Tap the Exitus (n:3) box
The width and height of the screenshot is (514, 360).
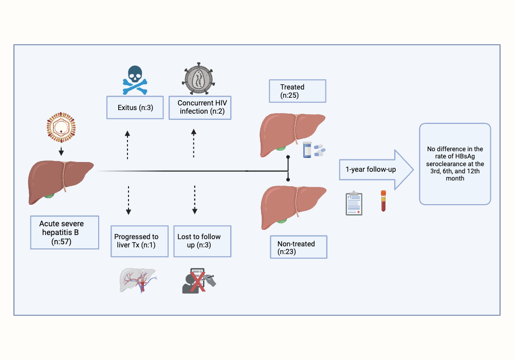coord(134,107)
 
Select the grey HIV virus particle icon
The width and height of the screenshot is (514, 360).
coord(198,80)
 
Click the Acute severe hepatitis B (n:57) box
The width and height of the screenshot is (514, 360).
coord(64,232)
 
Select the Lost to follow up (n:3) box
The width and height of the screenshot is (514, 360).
coord(202,241)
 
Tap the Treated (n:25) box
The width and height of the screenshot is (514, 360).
coord(298,92)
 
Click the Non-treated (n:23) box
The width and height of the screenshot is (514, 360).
coord(298,248)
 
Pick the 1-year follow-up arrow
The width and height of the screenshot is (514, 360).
coord(376,169)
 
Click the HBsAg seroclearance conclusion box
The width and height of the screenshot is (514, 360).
coord(455,164)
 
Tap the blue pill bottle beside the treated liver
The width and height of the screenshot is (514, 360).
coord(308,150)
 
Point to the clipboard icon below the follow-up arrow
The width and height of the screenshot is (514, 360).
coord(354,203)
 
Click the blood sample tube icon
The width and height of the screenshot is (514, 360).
coord(383,201)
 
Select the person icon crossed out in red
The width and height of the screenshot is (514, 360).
coord(198,281)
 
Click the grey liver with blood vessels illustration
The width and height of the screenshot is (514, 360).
coord(138,280)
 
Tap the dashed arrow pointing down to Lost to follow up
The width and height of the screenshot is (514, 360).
coord(194,200)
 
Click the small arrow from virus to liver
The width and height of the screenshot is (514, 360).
coord(61,151)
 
